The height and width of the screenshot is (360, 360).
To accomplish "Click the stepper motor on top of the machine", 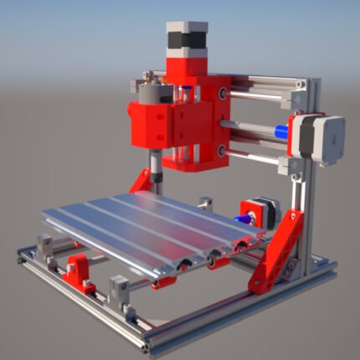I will pyautogui.click(x=186, y=40).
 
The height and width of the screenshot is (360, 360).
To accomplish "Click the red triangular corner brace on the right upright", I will pyautogui.click(x=278, y=251).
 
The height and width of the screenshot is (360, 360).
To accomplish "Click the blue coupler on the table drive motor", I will pyautogui.click(x=249, y=218).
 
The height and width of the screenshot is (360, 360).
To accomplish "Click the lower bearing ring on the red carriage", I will pyautogui.click(x=220, y=151).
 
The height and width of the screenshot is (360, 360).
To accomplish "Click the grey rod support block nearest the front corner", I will pyautogui.click(x=121, y=293).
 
